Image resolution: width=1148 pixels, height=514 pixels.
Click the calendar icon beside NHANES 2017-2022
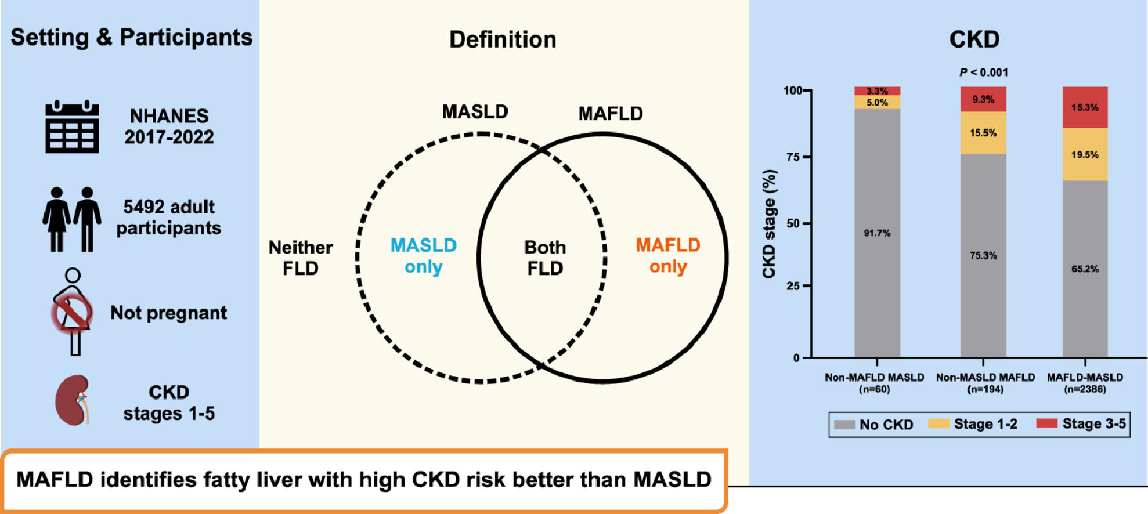(x=72, y=126)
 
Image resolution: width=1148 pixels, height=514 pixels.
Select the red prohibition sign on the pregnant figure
(x=72, y=313)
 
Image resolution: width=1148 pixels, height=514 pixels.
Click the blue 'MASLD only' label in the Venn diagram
(x=423, y=256)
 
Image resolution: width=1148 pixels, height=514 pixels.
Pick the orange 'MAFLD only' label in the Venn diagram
(x=668, y=256)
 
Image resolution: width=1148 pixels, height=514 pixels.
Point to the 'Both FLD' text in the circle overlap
(x=544, y=258)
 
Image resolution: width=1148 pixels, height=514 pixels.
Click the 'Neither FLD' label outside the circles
(x=300, y=258)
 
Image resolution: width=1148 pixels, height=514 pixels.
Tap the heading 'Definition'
(x=503, y=39)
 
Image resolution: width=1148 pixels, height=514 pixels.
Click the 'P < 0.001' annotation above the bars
(x=983, y=73)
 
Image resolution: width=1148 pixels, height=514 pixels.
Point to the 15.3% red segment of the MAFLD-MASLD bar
(x=1085, y=107)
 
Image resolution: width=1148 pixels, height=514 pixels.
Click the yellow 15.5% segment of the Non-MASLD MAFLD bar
(x=983, y=133)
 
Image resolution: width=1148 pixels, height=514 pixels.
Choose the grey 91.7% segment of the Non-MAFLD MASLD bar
(x=877, y=233)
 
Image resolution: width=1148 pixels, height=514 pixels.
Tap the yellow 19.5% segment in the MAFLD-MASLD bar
(x=1085, y=154)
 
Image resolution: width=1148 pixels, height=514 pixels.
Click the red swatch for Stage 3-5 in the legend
(x=1046, y=423)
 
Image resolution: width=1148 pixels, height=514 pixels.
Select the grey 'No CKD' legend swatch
(x=844, y=425)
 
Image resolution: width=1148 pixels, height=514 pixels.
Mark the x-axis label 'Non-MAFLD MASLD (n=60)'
(x=874, y=383)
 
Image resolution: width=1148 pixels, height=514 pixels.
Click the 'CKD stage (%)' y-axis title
(x=769, y=223)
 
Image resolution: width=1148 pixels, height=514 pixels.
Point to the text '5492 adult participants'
(x=168, y=217)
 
